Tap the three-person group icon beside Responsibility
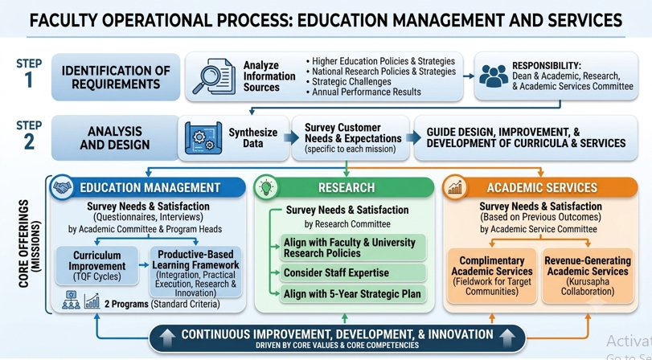tap(494, 76)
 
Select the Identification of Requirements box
tap(116, 77)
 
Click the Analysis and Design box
tap(115, 138)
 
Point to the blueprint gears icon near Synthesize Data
tap(203, 138)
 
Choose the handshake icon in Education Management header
tap(62, 187)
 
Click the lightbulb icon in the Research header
tap(266, 187)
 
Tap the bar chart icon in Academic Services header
tap(454, 187)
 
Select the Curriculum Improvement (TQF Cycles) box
tap(97, 266)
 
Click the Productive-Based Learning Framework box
tap(195, 272)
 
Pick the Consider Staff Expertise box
tap(353, 272)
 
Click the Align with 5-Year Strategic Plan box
tap(353, 294)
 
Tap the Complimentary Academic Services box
tap(492, 276)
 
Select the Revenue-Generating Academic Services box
tap(588, 276)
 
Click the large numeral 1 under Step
tap(29, 80)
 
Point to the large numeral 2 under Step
tap(29, 141)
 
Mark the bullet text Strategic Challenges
tap(351, 81)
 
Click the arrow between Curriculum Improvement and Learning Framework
tap(144, 265)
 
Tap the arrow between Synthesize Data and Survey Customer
tap(292, 137)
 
